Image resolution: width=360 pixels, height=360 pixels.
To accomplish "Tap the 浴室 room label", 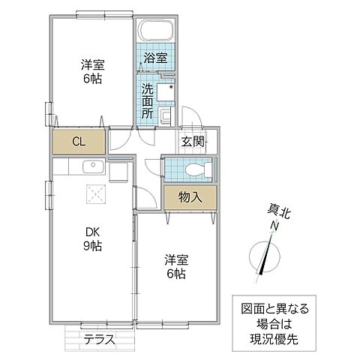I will [155, 55].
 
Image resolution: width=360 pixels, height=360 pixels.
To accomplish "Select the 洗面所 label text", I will [148, 98].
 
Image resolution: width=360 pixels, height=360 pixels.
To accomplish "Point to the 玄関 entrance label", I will [191, 140].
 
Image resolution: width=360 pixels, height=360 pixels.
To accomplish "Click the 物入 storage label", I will [189, 197].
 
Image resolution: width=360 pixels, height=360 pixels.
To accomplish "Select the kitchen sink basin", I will [93, 166].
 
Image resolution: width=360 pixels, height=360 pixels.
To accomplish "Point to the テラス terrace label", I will [100, 338].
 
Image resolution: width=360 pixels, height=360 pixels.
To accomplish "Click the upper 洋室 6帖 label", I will [93, 71].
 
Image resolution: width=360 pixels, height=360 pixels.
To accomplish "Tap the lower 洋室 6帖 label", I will [177, 267].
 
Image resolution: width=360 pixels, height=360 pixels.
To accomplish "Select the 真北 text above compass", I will [277, 212].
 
